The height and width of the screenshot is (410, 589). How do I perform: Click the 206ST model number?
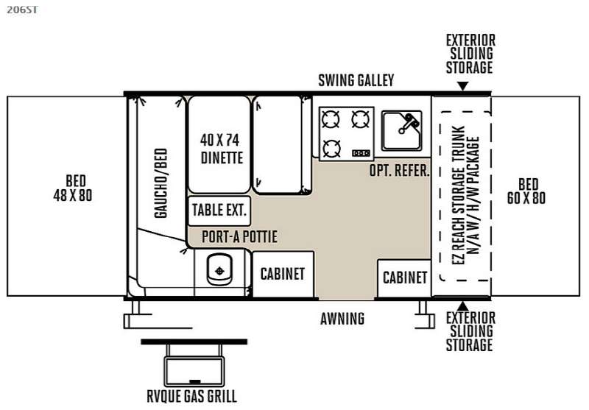click(22, 10)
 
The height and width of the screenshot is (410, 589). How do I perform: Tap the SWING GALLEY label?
click(356, 80)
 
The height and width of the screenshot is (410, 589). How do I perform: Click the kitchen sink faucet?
click(409, 123)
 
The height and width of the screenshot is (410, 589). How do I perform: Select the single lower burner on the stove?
click(332, 148)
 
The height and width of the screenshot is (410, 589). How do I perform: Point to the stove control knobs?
click(361, 153)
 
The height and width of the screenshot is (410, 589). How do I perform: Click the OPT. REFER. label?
click(399, 171)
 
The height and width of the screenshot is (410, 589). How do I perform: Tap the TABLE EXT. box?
click(219, 211)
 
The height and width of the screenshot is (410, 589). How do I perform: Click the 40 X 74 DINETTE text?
click(221, 149)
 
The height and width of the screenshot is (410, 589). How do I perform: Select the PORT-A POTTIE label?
click(240, 236)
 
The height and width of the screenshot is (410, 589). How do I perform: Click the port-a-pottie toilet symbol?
click(219, 269)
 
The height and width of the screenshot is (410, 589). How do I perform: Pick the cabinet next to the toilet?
click(283, 274)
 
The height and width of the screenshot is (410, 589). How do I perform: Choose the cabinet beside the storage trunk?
click(404, 278)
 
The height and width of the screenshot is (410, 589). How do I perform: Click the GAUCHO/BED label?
click(161, 183)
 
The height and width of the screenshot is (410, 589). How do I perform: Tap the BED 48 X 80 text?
click(73, 188)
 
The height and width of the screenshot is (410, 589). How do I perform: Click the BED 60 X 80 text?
click(526, 191)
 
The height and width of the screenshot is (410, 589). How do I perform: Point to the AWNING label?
click(342, 319)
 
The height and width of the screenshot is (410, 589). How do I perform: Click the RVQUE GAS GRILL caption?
click(191, 396)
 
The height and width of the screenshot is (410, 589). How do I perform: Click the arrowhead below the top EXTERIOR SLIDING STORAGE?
click(463, 86)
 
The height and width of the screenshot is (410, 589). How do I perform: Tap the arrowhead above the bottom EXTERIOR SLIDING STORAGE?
click(463, 305)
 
